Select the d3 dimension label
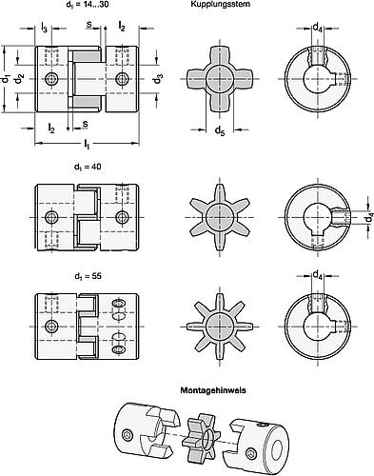[159, 77]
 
